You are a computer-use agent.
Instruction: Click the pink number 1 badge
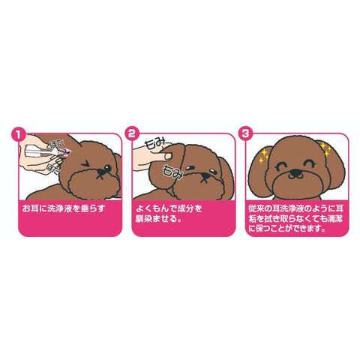18,133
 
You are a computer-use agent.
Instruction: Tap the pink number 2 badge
131,133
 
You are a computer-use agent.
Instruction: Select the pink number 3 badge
245,133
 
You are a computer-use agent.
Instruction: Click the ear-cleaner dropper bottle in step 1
47,151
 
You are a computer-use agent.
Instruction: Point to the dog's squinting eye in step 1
87,163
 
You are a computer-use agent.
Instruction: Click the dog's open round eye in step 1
107,167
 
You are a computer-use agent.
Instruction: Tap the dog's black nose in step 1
100,172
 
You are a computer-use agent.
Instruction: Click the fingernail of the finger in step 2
168,156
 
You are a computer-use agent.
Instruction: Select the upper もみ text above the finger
156,144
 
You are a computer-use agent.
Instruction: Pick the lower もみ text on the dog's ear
172,171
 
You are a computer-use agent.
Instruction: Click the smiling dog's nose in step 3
296,172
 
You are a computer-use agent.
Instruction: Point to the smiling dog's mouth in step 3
296,177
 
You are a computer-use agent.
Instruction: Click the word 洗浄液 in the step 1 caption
60,208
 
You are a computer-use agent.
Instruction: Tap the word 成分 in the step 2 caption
184,208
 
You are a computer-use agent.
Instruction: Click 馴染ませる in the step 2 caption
158,219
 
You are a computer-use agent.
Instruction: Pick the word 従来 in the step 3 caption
256,208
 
